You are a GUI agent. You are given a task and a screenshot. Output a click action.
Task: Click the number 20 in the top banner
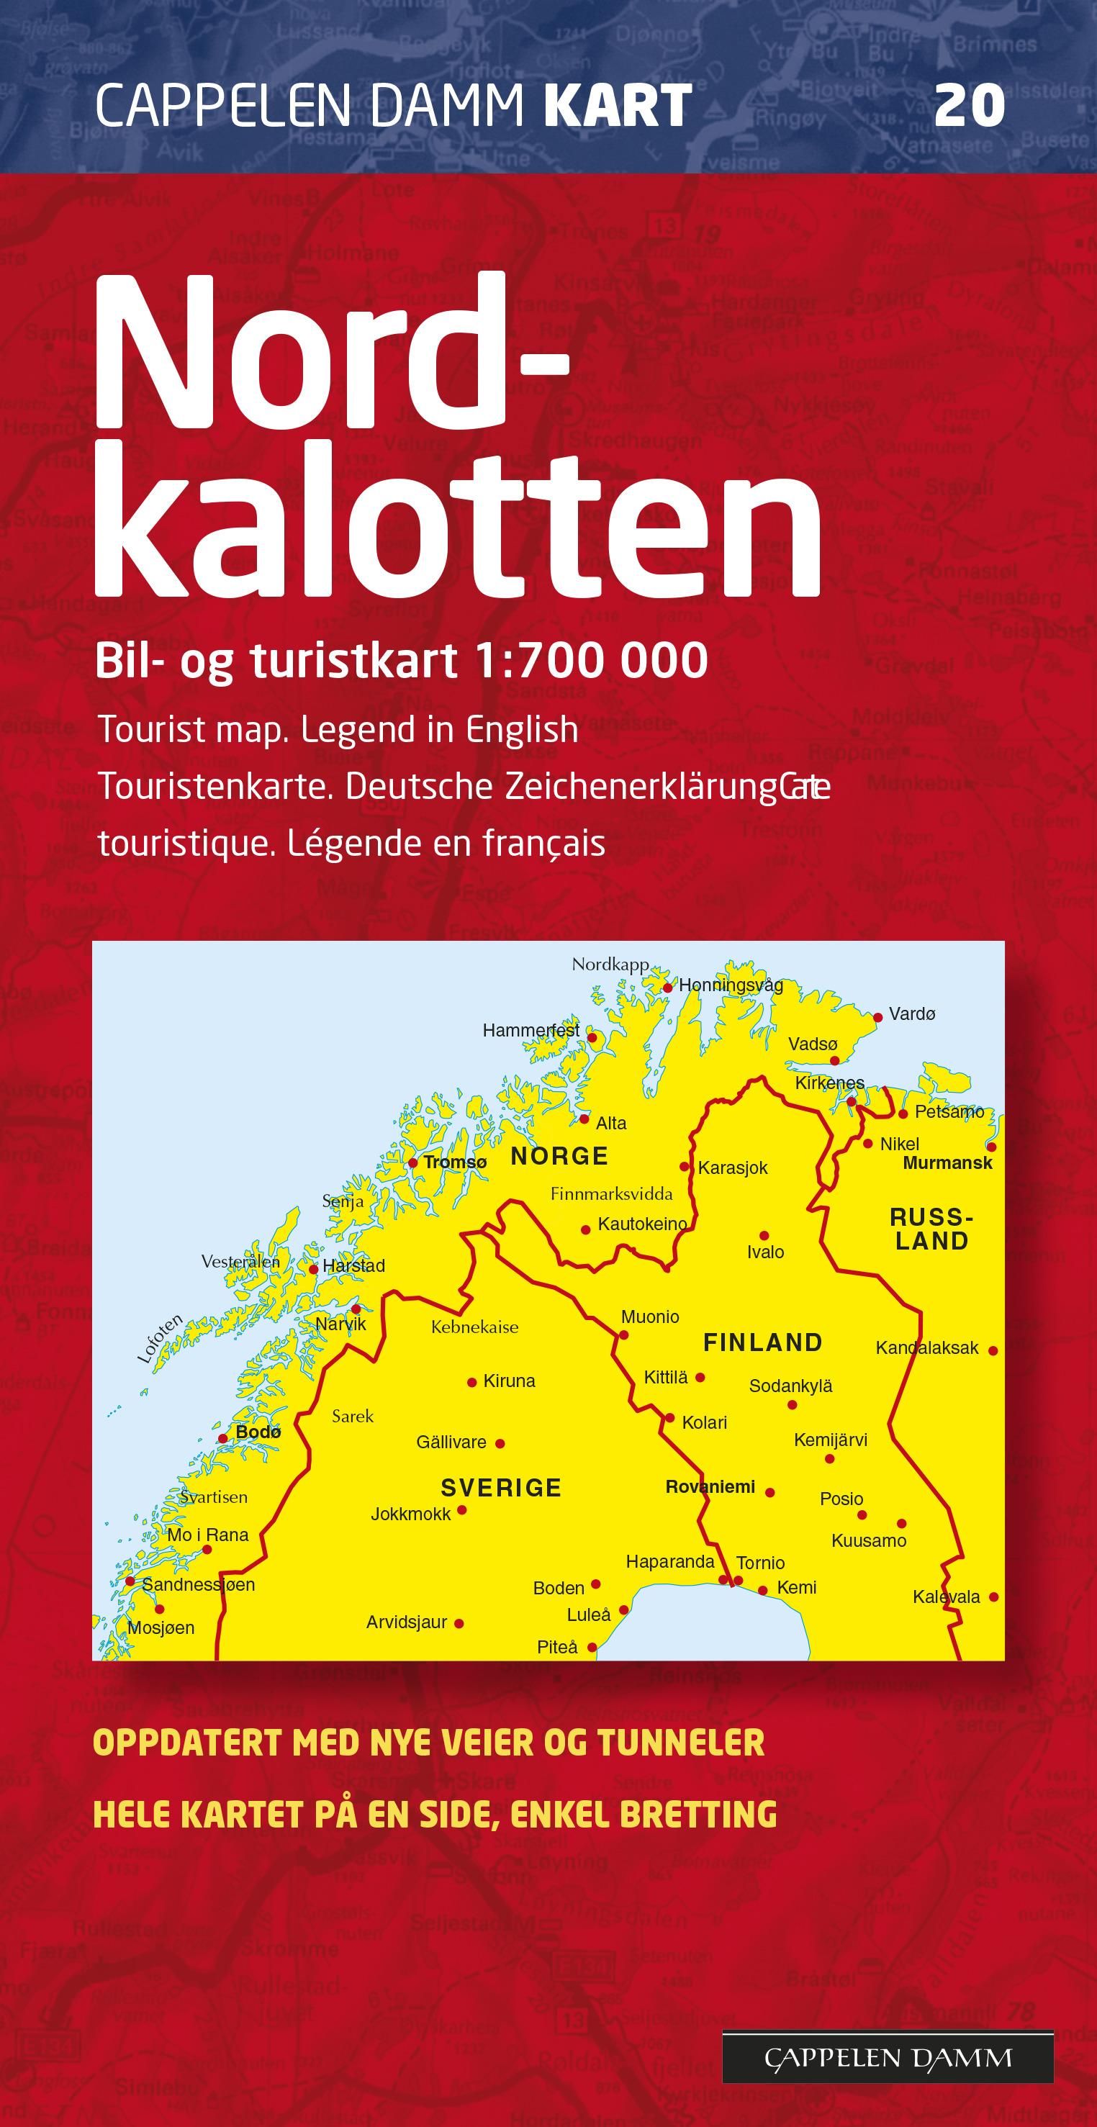(x=969, y=107)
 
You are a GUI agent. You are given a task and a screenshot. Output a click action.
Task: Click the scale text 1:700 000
(x=590, y=661)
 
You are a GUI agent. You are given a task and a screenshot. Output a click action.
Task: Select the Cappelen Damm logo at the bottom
(x=888, y=2059)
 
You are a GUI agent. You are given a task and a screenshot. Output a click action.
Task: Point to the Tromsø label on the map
(x=455, y=1162)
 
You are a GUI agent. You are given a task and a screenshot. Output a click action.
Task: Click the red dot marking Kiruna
(x=472, y=1382)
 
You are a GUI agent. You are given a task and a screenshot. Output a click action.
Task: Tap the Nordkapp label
(x=610, y=965)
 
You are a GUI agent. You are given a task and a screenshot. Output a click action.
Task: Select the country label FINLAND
(x=763, y=1342)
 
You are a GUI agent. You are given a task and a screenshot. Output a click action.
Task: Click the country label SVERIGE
(x=501, y=1488)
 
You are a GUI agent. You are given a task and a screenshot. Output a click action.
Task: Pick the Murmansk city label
(x=947, y=1163)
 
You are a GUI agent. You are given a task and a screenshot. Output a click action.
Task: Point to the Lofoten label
(x=159, y=1340)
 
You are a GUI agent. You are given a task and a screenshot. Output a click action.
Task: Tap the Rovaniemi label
(x=710, y=1487)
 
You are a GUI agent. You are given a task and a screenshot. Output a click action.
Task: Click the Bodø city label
(x=258, y=1432)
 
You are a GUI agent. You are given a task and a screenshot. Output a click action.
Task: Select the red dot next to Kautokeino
(x=586, y=1229)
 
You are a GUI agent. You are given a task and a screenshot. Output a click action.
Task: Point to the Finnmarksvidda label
(x=611, y=1194)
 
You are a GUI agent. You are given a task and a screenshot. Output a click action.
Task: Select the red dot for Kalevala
(x=994, y=1597)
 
